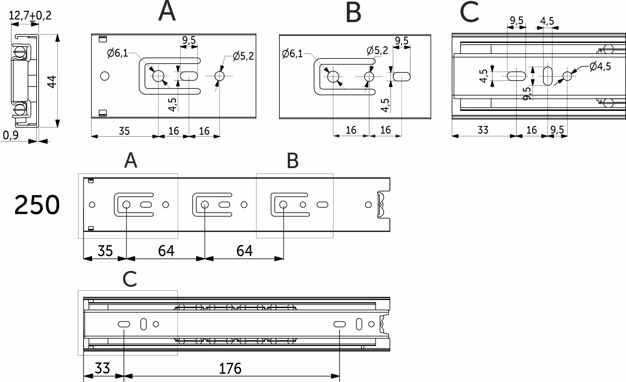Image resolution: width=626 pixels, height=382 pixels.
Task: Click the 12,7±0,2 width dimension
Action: (30, 15)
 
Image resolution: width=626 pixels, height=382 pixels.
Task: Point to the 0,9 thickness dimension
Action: (11, 135)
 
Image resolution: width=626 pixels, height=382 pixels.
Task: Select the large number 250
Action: (37, 205)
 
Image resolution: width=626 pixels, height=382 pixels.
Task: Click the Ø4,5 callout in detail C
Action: (600, 67)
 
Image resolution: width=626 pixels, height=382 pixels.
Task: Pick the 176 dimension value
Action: (230, 369)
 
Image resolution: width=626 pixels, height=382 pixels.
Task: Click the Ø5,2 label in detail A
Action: (243, 56)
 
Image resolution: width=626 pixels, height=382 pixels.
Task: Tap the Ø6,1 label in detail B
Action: (293, 54)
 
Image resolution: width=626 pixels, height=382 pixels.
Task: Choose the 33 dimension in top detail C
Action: (483, 130)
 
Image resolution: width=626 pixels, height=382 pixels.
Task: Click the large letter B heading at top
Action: (353, 13)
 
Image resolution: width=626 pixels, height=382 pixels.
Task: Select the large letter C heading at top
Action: (469, 13)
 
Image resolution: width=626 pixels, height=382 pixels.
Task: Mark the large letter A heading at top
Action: (167, 12)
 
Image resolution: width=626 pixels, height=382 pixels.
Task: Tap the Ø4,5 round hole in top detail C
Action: (567, 76)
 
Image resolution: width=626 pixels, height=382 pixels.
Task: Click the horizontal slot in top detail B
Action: (402, 77)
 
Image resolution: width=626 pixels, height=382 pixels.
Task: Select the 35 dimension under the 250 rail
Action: (105, 251)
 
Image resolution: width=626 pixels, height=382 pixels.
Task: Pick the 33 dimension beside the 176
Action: (102, 368)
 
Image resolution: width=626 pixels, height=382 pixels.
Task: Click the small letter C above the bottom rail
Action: (130, 279)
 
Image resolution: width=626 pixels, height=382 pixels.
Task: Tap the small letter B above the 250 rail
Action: (293, 161)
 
